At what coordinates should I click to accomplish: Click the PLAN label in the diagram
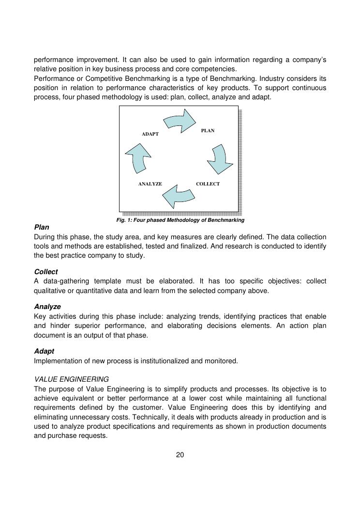click(208, 131)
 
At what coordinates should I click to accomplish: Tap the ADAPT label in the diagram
click(150, 134)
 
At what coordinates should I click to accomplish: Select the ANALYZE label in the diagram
click(150, 184)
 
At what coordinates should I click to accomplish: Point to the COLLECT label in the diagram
click(208, 184)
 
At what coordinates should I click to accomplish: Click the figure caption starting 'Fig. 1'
click(180, 220)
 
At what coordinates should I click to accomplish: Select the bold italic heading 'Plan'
click(42, 227)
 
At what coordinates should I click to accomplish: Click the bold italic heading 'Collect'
click(46, 272)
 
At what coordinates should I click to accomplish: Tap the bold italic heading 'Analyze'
click(47, 307)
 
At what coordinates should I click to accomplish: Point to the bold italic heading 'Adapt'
click(44, 351)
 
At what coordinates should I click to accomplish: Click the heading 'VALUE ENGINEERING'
click(72, 379)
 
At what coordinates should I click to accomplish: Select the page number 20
click(180, 455)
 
